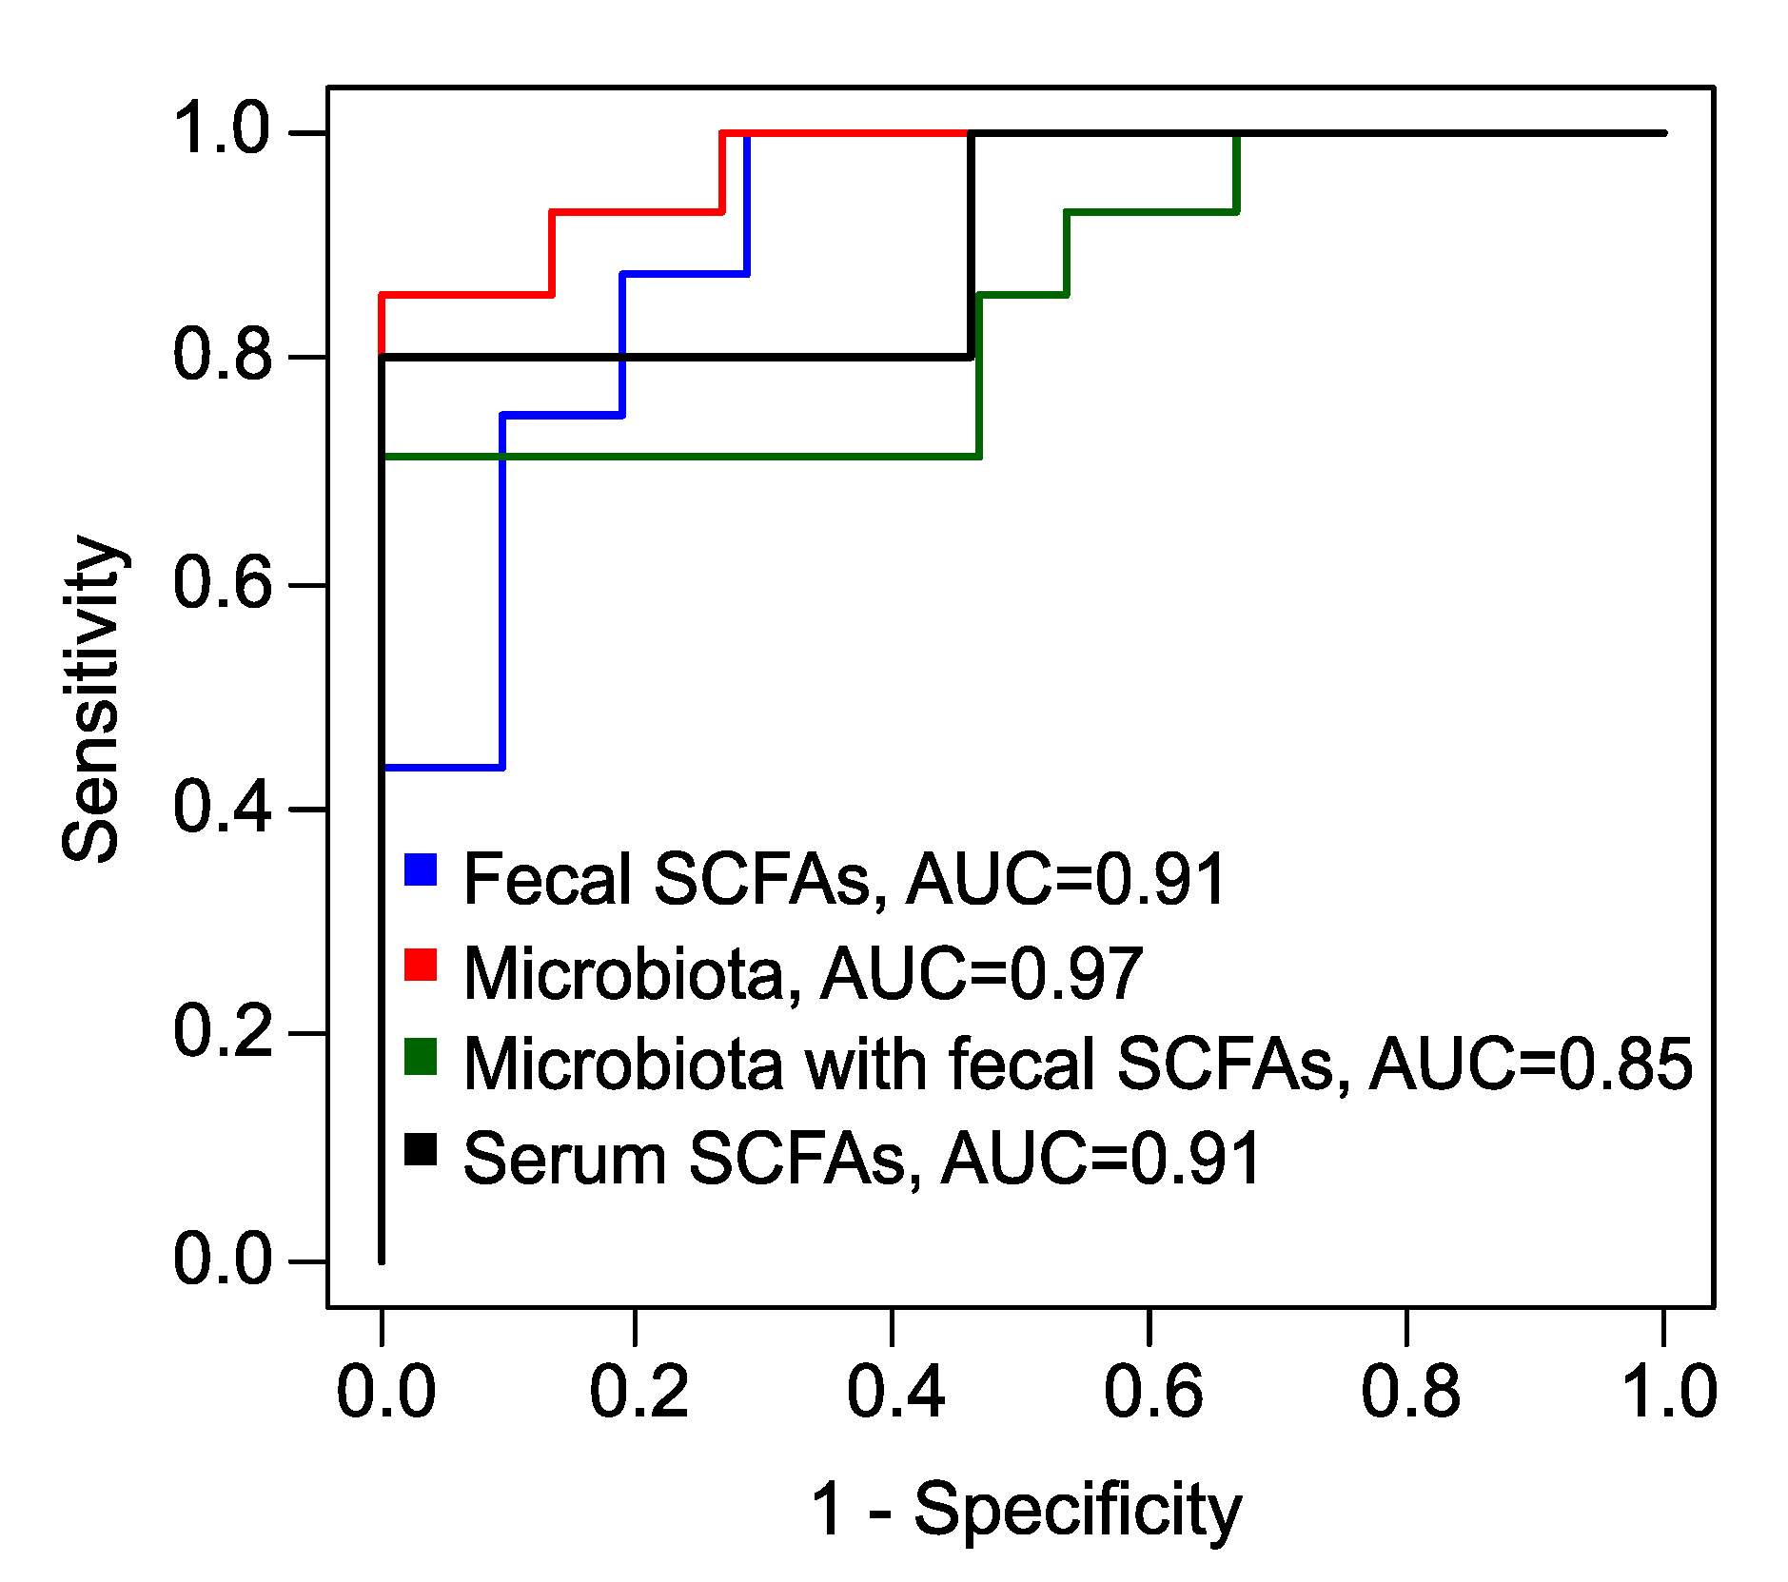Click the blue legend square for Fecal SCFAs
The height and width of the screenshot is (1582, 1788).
click(420, 869)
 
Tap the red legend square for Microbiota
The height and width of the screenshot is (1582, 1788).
click(420, 964)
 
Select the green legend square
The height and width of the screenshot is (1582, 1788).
click(420, 1057)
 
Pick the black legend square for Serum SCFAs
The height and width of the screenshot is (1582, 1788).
click(420, 1149)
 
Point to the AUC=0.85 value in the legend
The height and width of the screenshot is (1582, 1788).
click(1530, 1064)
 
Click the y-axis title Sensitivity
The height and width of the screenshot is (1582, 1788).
click(91, 699)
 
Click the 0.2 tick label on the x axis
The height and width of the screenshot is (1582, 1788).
click(638, 1392)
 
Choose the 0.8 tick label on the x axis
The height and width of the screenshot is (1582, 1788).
click(1409, 1392)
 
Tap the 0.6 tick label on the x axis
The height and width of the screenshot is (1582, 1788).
click(1152, 1392)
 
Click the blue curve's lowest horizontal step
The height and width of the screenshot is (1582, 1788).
click(443, 767)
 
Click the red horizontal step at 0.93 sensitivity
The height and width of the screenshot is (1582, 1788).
click(636, 212)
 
